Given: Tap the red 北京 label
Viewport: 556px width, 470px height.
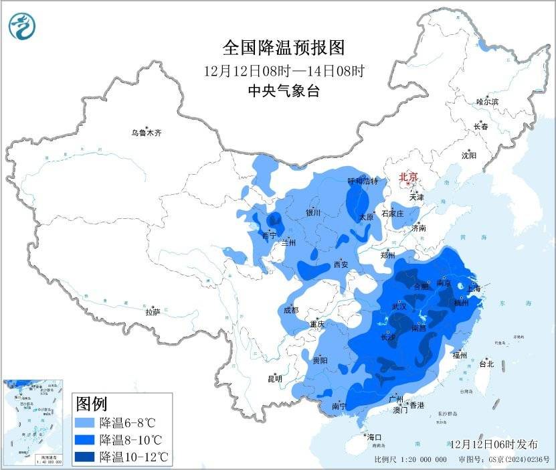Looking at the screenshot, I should pyautogui.click(x=408, y=177).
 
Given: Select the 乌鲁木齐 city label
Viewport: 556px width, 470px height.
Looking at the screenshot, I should pyautogui.click(x=146, y=133).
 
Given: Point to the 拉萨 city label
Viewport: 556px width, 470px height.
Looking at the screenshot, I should pyautogui.click(x=153, y=312).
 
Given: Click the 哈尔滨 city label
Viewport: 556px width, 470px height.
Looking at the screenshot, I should pyautogui.click(x=487, y=102).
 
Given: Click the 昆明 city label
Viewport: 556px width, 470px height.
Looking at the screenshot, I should pyautogui.click(x=275, y=379).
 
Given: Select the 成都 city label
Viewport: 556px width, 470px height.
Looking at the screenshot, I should pyautogui.click(x=290, y=310).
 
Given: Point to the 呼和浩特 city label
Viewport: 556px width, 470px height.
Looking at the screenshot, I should pyautogui.click(x=363, y=181).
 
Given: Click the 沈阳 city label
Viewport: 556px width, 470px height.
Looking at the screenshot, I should pyautogui.click(x=468, y=155).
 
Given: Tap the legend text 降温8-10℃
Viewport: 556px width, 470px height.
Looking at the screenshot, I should pyautogui.click(x=131, y=440).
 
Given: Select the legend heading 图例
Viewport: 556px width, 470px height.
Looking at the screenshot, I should pyautogui.click(x=92, y=404).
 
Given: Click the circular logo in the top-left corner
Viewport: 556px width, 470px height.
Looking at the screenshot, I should pyautogui.click(x=23, y=25).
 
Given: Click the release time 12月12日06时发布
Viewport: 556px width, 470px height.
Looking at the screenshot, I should pyautogui.click(x=494, y=444).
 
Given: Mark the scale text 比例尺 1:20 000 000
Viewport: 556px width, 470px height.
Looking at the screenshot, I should pyautogui.click(x=411, y=459).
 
